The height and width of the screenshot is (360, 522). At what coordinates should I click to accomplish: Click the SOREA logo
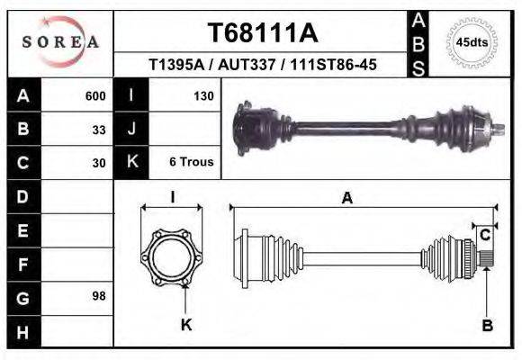[x=61, y=42]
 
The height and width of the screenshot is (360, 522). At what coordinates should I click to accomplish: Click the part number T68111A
[x=263, y=33]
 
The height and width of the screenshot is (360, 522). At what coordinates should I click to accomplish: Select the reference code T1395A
[x=178, y=66]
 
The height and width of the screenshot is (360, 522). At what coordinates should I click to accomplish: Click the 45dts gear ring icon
[x=472, y=42]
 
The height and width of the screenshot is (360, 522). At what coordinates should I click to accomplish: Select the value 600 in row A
[x=95, y=96]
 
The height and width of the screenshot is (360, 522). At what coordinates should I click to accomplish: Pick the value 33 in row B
[x=99, y=130]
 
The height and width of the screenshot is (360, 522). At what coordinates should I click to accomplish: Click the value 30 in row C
[x=99, y=163]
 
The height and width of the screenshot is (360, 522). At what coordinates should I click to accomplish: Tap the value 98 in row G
[x=99, y=296]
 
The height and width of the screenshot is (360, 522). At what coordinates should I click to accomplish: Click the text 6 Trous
[x=191, y=163]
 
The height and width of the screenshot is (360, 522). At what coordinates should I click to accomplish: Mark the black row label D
[x=22, y=196]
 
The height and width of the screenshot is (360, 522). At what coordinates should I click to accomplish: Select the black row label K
[x=131, y=163]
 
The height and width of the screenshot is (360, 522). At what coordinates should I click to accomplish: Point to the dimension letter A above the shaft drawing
[x=346, y=200]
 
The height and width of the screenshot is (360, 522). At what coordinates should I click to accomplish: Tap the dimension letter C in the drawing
[x=484, y=236]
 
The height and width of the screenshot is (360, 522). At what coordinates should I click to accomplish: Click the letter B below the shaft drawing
[x=487, y=326]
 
